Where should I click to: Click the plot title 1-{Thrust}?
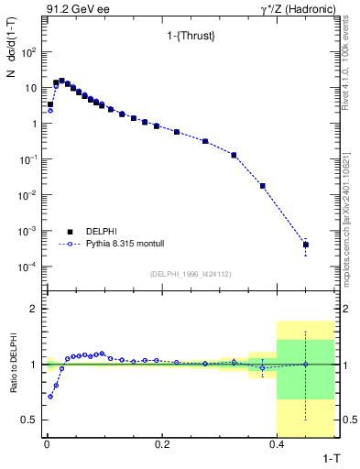[188, 36]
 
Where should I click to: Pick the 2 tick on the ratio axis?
[34, 309]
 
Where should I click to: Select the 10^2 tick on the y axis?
[27, 52]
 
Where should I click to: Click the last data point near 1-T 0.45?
[305, 245]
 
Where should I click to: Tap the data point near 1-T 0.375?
[262, 186]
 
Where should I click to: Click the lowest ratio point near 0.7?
[50, 397]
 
